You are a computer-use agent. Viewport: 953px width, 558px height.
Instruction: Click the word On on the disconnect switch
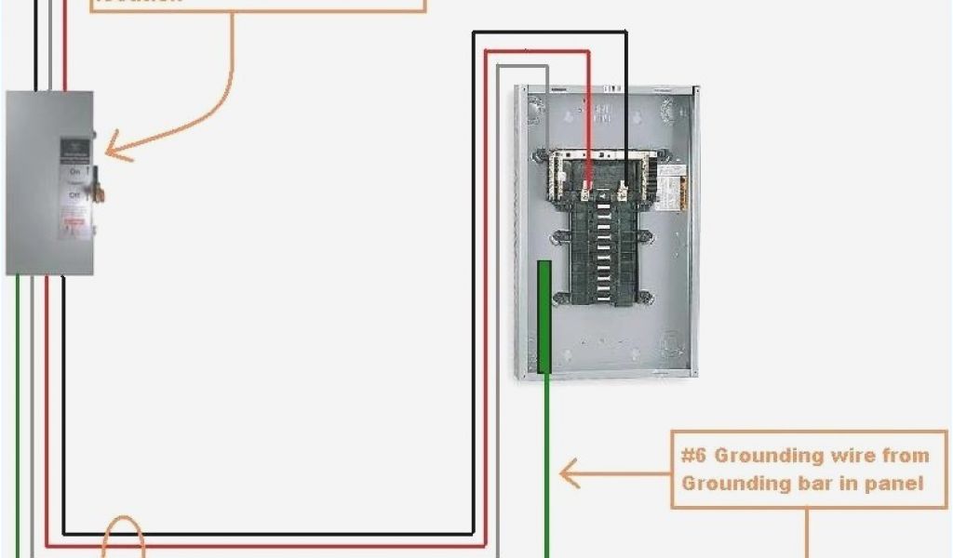coord(74,171)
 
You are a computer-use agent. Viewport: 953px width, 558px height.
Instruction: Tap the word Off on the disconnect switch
coord(74,194)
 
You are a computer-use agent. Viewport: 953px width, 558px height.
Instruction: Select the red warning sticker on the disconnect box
coord(74,222)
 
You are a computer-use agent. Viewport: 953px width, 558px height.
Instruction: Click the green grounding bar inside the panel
coord(544,316)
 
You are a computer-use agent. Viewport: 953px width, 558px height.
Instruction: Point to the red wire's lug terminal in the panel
coord(587,192)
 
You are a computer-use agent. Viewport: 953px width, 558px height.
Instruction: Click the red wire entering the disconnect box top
coord(64,46)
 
